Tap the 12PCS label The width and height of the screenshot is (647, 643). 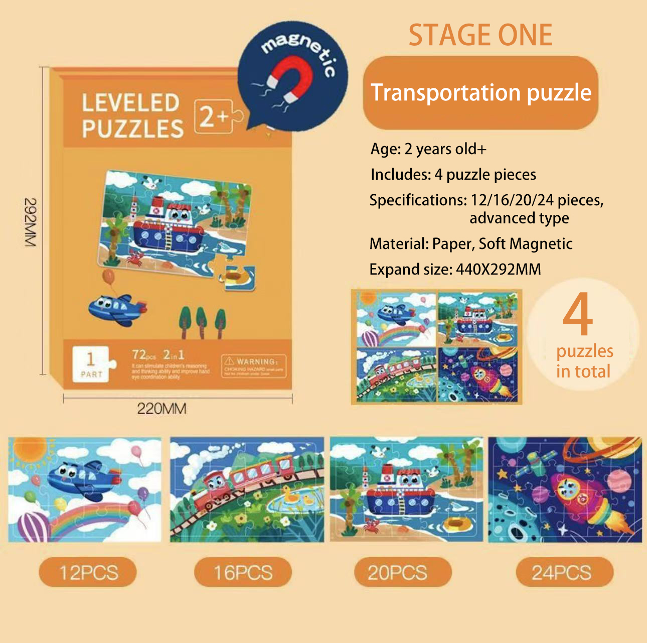point(88,573)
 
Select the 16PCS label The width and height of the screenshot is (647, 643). point(243,573)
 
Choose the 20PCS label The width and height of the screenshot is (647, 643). point(398,573)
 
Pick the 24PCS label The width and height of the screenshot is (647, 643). point(561,573)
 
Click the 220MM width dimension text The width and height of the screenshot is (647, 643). point(161,409)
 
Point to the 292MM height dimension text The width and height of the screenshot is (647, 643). point(31,222)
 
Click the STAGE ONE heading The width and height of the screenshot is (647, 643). point(480,35)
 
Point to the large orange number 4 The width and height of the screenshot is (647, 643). point(578,315)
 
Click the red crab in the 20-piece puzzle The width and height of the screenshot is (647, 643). point(372,525)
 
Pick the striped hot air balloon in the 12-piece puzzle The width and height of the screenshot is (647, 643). point(33,527)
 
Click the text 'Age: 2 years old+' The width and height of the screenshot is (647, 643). point(428,149)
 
